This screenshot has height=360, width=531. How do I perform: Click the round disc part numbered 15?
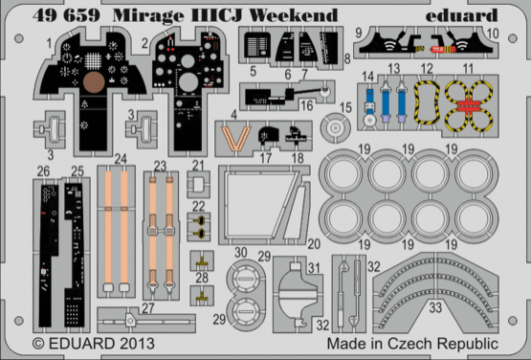coord(335,124)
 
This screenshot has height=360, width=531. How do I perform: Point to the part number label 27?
coord(147,307)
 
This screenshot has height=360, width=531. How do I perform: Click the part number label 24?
coord(120,160)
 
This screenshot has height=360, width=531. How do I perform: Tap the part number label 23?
coord(160,167)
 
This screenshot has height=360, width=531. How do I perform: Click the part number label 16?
coord(305,103)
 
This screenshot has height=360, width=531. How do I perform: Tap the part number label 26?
coord(41,172)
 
